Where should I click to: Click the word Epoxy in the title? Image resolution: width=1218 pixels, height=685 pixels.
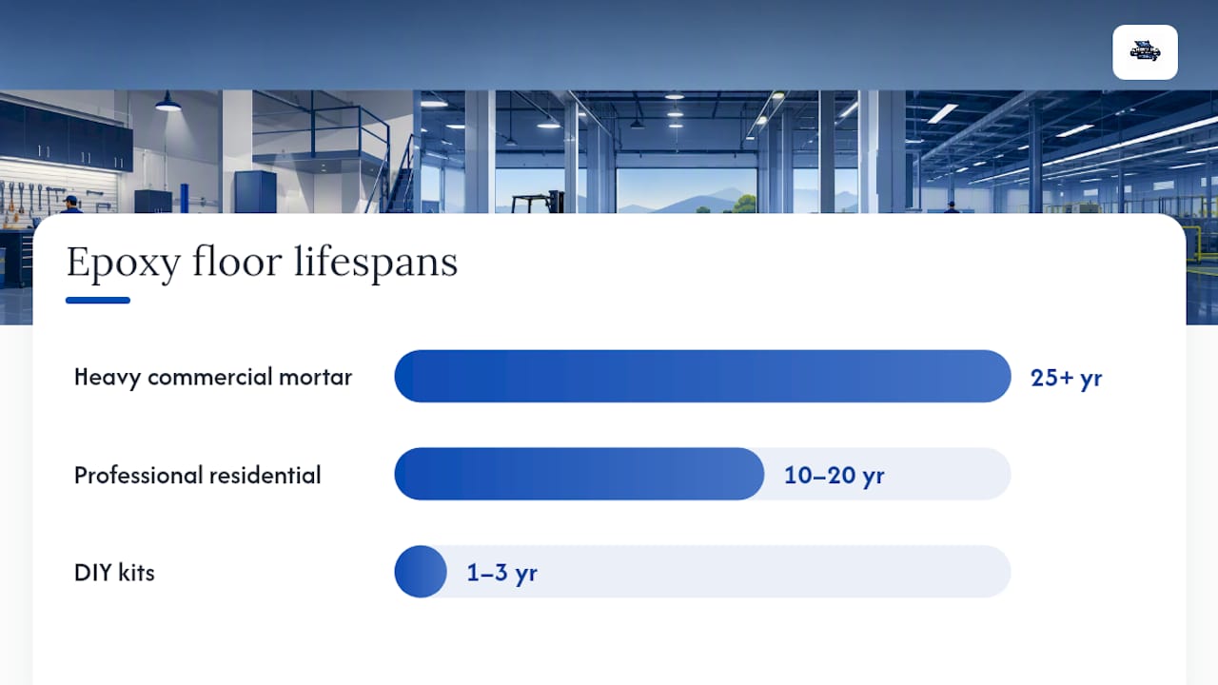(124, 264)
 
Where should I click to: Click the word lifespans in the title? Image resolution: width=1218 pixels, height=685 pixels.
(376, 263)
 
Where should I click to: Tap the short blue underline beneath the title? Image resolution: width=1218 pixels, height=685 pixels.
(98, 300)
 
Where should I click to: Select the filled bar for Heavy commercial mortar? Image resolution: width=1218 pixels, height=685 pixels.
(702, 376)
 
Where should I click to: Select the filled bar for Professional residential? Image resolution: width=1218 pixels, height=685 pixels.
(580, 474)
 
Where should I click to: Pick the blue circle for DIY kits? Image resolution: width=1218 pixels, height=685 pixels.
(421, 572)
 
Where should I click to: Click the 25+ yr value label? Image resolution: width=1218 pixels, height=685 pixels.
(1067, 378)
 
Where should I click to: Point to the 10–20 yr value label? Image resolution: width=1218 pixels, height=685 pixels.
(835, 476)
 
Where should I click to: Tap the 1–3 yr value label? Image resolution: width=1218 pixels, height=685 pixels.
(501, 573)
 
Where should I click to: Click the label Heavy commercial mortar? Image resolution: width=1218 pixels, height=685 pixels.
(213, 378)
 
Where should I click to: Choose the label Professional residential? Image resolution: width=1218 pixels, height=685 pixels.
(197, 475)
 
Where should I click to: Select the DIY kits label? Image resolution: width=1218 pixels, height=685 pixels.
(114, 573)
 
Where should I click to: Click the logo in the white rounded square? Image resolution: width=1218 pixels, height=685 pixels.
(1145, 52)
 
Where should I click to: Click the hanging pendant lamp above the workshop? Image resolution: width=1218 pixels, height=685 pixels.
(168, 102)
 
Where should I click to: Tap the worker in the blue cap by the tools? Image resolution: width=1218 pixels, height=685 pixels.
(70, 205)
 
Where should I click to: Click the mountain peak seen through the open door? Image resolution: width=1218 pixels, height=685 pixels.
(729, 191)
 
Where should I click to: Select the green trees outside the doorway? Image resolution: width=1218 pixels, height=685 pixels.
(744, 205)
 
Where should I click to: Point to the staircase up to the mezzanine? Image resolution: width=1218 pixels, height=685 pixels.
(401, 185)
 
